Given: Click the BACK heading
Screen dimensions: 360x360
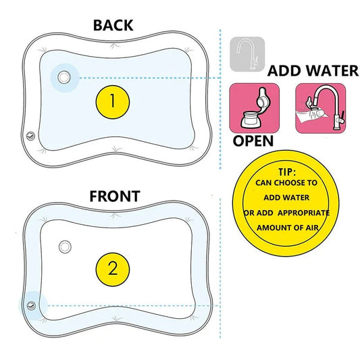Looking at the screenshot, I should click(113, 26).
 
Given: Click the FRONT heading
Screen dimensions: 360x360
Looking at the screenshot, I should click(115, 197).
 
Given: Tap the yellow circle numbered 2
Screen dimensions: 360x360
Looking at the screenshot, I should click(113, 267).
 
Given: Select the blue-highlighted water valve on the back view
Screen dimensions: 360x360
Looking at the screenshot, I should click(63, 78).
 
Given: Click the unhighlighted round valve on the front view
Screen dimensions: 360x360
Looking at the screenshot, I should click(66, 246).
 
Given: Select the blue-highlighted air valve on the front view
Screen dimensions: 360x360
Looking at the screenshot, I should click(30, 305).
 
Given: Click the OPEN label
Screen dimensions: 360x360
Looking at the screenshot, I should click(253, 141).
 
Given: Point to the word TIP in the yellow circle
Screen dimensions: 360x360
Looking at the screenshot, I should click(288, 171).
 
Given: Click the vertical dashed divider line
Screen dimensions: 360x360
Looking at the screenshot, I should click(222, 169).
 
